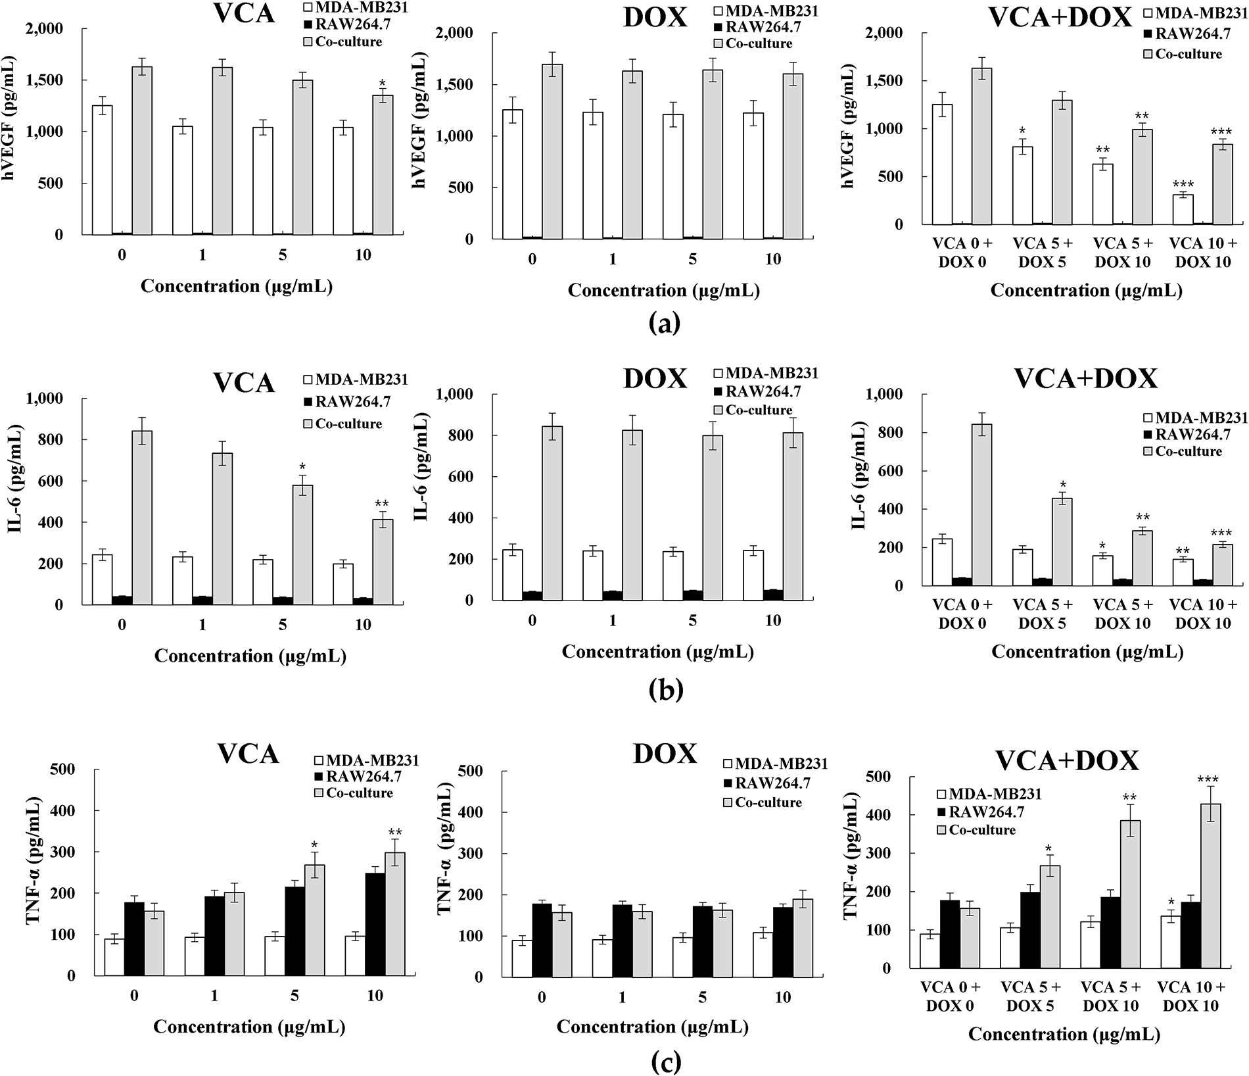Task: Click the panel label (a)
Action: click(x=664, y=323)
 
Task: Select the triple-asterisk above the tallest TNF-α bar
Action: click(x=1208, y=780)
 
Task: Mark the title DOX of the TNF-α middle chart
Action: click(x=665, y=754)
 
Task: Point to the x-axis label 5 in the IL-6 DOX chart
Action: click(x=692, y=620)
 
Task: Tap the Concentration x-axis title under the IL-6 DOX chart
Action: click(x=657, y=652)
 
